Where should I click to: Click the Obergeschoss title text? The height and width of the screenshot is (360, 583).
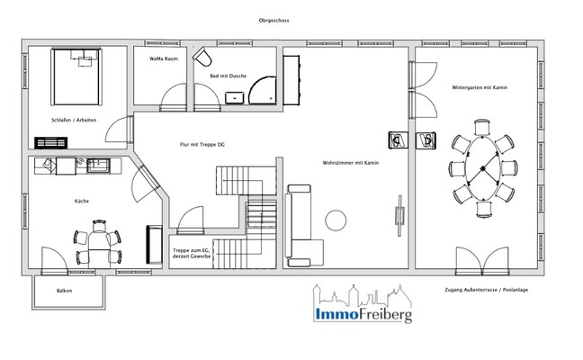click(274, 21)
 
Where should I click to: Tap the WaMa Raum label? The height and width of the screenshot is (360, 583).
click(164, 58)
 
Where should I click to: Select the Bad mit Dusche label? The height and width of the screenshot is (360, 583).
click(229, 76)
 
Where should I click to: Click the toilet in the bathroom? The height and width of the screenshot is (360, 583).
click(202, 57)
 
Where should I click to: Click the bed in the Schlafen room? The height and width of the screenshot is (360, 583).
click(76, 76)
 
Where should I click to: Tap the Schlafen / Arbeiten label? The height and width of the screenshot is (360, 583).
click(74, 120)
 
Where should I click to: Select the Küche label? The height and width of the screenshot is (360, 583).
click(82, 202)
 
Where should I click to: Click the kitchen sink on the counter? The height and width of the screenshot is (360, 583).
click(99, 166)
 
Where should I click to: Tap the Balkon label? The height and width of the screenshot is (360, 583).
click(64, 291)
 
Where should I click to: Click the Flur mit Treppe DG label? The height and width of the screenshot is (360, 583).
click(202, 145)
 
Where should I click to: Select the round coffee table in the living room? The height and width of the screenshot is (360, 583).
click(336, 220)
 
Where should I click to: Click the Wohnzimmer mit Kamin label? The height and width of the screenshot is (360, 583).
click(351, 163)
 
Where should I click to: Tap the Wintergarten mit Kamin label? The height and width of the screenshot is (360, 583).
click(480, 88)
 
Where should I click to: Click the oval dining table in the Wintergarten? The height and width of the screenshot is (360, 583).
click(482, 168)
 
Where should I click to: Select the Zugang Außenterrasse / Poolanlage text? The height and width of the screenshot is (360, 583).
click(487, 290)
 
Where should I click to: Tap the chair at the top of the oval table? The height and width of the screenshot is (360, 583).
click(482, 127)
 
